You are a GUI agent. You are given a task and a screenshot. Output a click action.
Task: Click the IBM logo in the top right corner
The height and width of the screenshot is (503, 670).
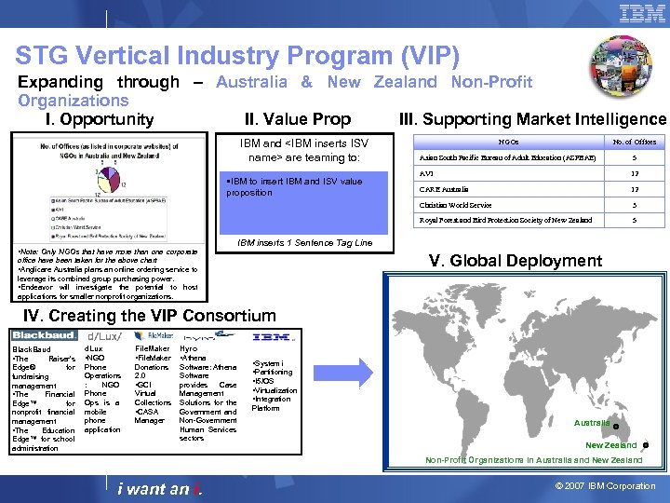point(642,13)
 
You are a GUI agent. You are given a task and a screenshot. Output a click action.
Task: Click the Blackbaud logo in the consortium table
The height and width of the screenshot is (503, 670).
point(44,336)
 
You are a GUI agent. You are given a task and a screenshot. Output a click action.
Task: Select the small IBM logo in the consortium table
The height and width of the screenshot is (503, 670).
point(275,336)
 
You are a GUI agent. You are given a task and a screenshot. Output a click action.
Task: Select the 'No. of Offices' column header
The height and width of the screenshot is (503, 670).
point(634,143)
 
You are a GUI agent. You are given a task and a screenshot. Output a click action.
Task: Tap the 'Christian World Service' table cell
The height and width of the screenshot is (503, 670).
point(455,204)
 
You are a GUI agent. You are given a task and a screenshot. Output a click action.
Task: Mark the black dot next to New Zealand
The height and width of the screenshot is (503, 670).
point(646,445)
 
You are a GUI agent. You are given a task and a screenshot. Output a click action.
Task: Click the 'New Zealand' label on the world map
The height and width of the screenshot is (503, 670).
point(610,445)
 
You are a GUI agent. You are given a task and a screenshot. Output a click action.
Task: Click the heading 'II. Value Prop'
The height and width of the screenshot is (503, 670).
point(297,118)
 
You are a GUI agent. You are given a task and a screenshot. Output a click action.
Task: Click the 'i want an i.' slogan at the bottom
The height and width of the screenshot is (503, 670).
point(160,488)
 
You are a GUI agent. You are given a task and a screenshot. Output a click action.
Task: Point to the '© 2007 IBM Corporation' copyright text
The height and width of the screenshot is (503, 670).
point(603,486)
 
